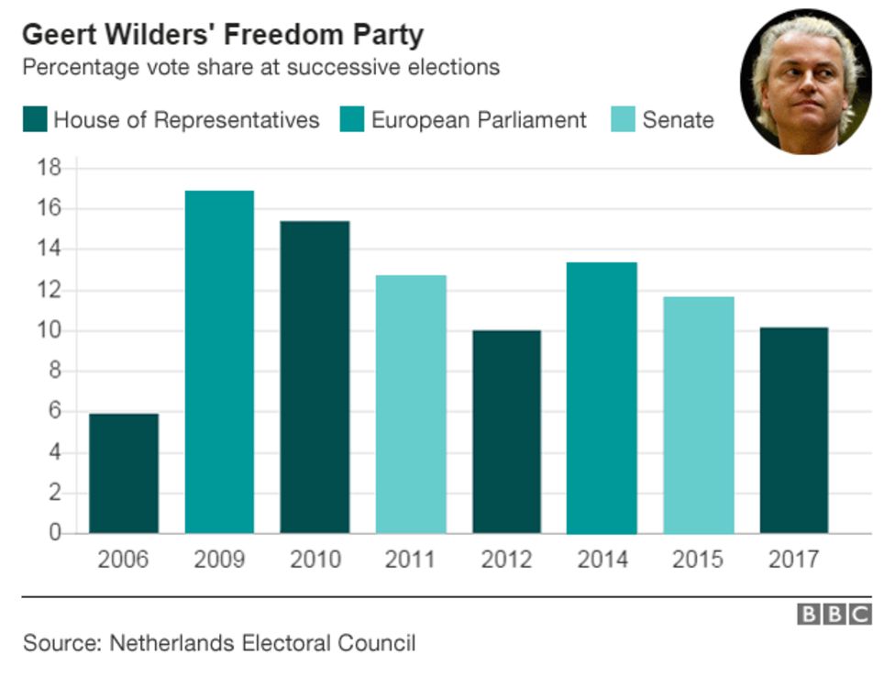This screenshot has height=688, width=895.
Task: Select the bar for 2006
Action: (124, 473)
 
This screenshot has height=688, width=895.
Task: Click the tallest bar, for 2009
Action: (219, 361)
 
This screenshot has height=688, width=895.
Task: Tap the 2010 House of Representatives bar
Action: (315, 377)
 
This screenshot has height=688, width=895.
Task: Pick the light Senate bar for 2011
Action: (411, 404)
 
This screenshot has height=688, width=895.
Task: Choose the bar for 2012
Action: (506, 431)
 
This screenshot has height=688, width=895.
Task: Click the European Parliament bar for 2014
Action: (602, 397)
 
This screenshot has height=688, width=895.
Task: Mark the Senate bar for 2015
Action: (698, 415)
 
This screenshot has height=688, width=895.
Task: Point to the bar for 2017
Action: (794, 430)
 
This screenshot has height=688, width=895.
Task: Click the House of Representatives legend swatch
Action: (35, 120)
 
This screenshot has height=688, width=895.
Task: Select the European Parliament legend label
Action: (479, 120)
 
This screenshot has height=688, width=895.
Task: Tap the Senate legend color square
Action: (623, 120)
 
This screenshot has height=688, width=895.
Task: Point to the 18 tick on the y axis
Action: (49, 168)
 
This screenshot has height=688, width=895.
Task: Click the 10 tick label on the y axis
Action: (49, 331)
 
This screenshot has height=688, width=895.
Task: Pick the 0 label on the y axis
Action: (54, 533)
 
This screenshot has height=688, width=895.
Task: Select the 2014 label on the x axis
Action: (602, 560)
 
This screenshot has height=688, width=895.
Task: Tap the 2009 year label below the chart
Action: (219, 560)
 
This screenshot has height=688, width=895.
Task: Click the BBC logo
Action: (833, 615)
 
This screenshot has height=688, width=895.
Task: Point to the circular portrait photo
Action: (805, 81)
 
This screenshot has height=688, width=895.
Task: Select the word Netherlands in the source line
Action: (171, 643)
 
